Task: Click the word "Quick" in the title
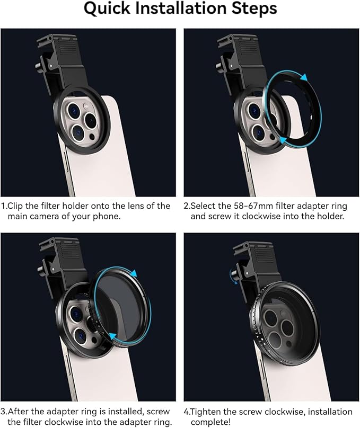pos(107,8)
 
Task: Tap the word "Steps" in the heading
pos(254,8)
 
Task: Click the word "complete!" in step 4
pos(210,422)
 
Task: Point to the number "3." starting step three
pos(4,412)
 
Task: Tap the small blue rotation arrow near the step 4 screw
pos(233,275)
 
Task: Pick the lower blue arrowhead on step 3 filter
pos(112,336)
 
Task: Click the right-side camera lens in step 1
pos(91,120)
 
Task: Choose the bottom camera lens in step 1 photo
pos(78,132)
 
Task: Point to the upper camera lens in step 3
pos(77,314)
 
